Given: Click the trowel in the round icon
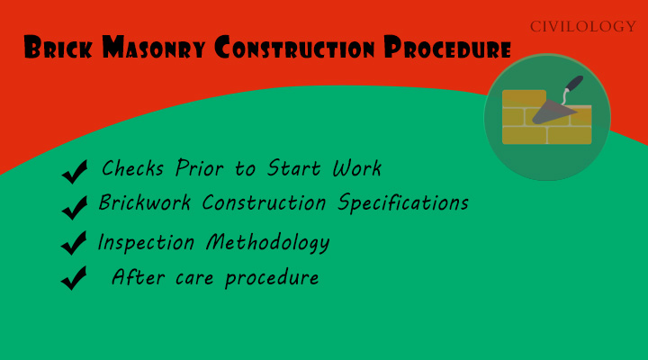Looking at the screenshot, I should (560, 103).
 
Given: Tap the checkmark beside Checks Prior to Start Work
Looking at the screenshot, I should (75, 170).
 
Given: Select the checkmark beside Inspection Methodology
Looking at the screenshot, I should (75, 243).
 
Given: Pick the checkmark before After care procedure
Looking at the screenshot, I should (74, 278).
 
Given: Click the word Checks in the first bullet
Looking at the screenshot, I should (131, 168).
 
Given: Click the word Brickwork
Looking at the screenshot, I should (145, 203).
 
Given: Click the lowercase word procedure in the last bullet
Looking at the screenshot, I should (272, 278).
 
